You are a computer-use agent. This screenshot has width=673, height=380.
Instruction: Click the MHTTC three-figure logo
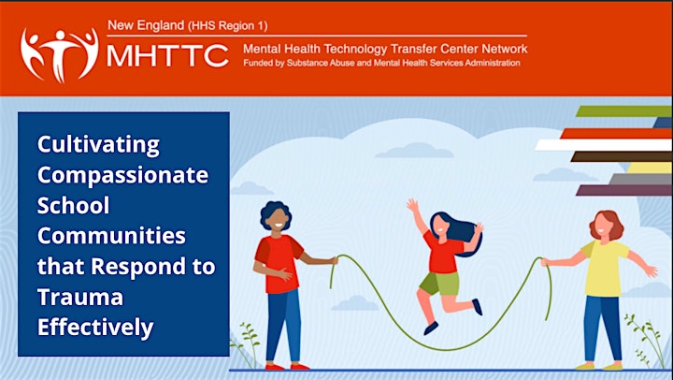tap(60, 54)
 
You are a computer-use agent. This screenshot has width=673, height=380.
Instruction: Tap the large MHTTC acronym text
tap(167, 55)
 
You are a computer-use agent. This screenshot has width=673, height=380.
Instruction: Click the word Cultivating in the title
tap(98, 145)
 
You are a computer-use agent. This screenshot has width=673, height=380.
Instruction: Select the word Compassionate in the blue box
tap(122, 175)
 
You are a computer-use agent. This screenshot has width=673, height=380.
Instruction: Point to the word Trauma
tap(80, 297)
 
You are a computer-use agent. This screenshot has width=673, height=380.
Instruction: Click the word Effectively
tap(95, 328)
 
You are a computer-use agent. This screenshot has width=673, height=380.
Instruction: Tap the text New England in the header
tap(146, 25)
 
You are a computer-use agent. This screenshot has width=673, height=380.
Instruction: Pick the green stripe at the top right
tap(623, 111)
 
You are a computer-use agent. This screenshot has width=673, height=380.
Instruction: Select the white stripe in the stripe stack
tap(604, 145)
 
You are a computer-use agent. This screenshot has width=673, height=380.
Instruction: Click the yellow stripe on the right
tap(650, 168)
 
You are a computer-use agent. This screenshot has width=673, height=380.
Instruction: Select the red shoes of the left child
tap(287, 367)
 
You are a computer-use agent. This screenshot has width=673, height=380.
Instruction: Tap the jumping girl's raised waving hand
tap(413, 205)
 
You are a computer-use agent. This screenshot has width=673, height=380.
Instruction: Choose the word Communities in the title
tap(111, 236)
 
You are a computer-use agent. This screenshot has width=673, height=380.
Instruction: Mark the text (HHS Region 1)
tap(227, 26)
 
